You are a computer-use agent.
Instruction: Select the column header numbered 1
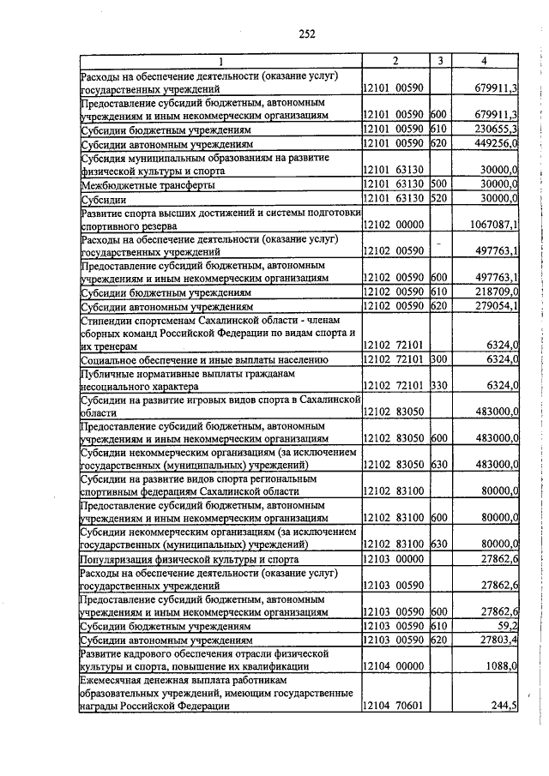click(220, 61)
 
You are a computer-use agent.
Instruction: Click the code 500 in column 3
click(439, 184)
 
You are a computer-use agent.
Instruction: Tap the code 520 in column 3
click(439, 199)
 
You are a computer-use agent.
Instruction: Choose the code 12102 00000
click(393, 225)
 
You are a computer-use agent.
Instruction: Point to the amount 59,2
click(504, 626)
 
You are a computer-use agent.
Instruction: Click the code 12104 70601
click(393, 707)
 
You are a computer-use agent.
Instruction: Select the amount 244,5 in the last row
click(502, 707)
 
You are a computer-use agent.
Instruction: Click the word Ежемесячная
click(116, 680)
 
